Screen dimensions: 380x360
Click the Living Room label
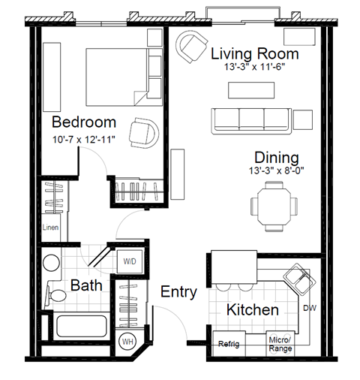tap(255, 54)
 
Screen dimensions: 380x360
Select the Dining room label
tap(276, 158)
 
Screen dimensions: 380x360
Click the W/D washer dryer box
tap(130, 261)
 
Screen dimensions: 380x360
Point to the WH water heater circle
tap(128, 342)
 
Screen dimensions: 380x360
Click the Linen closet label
tap(50, 228)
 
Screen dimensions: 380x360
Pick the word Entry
tap(179, 291)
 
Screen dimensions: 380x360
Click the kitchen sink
tap(299, 283)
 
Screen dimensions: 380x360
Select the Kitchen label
tap(253, 309)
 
